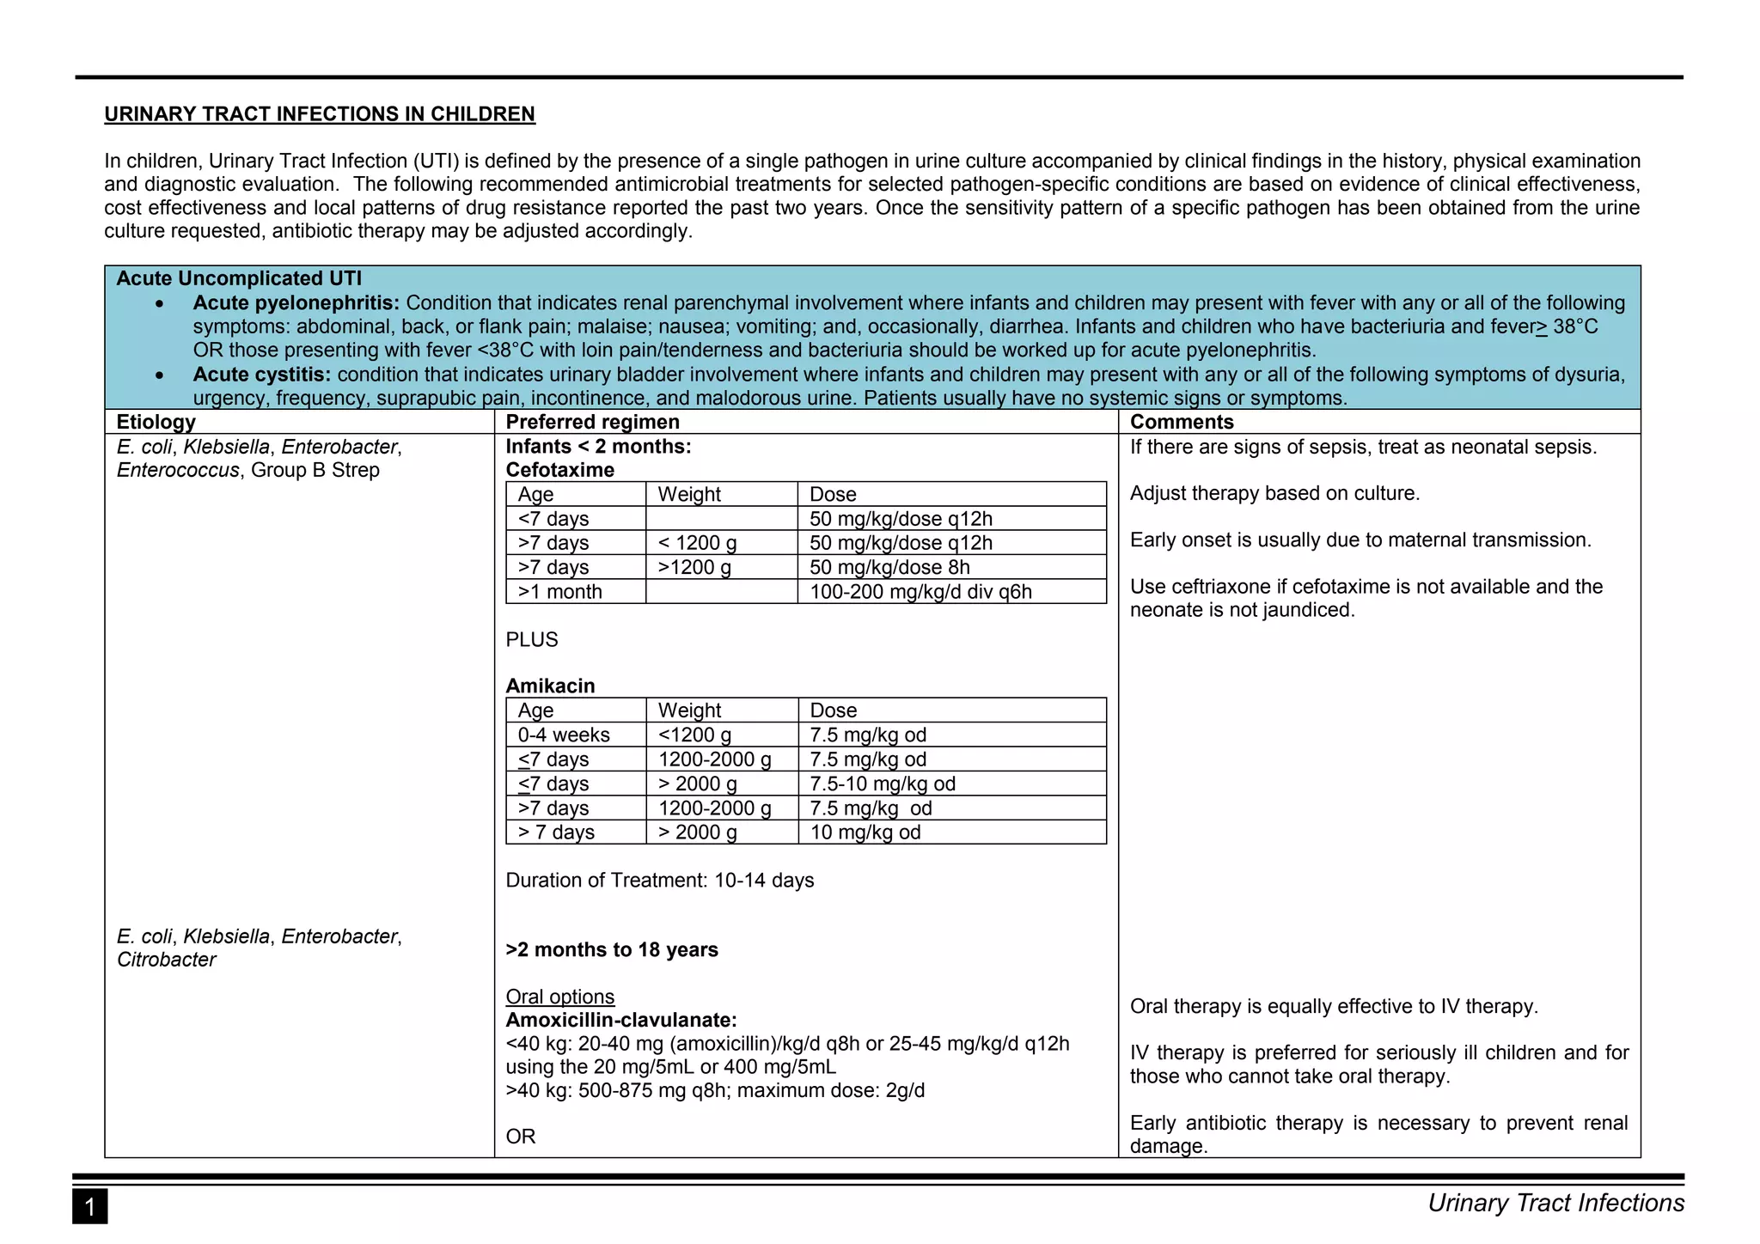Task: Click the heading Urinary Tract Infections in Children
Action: pyautogui.click(x=319, y=114)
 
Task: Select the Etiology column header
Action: pyautogui.click(x=156, y=422)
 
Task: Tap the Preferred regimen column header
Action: pyautogui.click(x=592, y=422)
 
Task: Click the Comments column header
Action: pyautogui.click(x=1181, y=422)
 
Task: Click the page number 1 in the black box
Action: pyautogui.click(x=89, y=1207)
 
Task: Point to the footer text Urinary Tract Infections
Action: pyautogui.click(x=1555, y=1204)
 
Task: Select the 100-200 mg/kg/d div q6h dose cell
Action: pyautogui.click(x=920, y=592)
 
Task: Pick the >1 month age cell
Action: pyautogui.click(x=559, y=592)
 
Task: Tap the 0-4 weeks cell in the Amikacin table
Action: pyautogui.click(x=563, y=735)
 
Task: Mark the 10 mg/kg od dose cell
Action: pyautogui.click(x=865, y=832)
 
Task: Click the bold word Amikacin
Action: pyautogui.click(x=550, y=686)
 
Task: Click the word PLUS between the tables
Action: pyautogui.click(x=531, y=640)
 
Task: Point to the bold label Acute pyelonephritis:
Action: pyautogui.click(x=296, y=303)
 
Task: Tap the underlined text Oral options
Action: pyautogui.click(x=559, y=997)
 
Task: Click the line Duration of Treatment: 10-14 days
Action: pyautogui.click(x=659, y=881)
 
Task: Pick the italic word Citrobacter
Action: pyautogui.click(x=166, y=960)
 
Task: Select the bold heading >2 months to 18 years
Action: pyautogui.click(x=611, y=950)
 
